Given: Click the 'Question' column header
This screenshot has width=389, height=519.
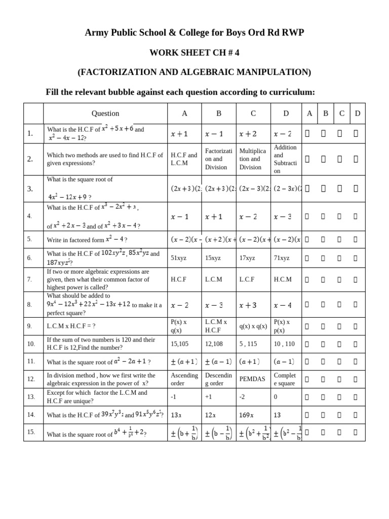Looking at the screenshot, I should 105,114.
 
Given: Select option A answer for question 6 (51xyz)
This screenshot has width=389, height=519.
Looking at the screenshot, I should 178,258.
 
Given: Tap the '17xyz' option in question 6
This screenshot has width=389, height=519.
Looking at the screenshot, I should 248,258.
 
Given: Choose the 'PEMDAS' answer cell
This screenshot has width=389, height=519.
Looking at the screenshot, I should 252,379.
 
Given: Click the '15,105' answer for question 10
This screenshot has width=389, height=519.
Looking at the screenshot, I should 180,344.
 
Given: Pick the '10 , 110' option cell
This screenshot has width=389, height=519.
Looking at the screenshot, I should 284,344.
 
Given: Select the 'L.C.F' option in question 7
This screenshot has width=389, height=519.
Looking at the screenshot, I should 247,279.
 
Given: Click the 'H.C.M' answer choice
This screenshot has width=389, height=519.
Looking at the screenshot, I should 283,279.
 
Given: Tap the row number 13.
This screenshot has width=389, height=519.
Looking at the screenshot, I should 31,397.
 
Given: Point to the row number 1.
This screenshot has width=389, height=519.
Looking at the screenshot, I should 30,134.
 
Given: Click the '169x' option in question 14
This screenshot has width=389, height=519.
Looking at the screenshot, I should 246,415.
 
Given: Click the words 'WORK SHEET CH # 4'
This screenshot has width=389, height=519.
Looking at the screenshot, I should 194,53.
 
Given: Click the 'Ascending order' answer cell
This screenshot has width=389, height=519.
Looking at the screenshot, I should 184,379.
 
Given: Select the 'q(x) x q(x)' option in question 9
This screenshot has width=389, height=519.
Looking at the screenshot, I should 253,326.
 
